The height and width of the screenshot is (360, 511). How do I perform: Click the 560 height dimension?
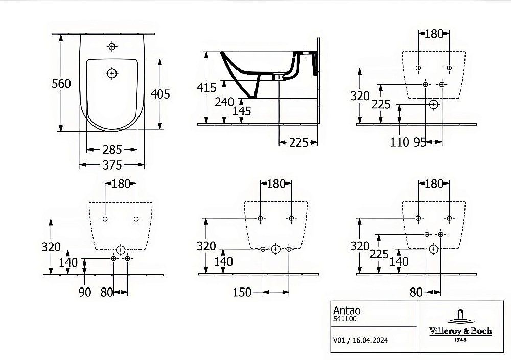pyautogui.click(x=61, y=84)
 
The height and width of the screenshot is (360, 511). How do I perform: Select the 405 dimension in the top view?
pyautogui.click(x=160, y=94)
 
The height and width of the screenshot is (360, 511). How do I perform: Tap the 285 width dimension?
pyautogui.click(x=112, y=150)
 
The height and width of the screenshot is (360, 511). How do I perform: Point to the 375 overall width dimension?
pyautogui.click(x=112, y=165)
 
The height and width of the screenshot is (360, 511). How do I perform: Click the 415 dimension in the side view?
pyautogui.click(x=207, y=87)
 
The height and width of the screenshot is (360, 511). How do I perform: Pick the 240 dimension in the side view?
pyautogui.click(x=224, y=102)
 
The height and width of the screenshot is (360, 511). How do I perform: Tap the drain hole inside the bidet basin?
pyautogui.click(x=111, y=74)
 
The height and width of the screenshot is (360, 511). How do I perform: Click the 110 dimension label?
pyautogui.click(x=399, y=142)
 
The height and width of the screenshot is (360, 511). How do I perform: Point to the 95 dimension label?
pyautogui.click(x=420, y=142)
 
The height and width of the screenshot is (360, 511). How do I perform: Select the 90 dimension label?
pyautogui.click(x=85, y=292)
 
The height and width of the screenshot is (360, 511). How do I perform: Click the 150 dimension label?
pyautogui.click(x=242, y=292)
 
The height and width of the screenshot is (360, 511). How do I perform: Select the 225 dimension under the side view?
pyautogui.click(x=298, y=142)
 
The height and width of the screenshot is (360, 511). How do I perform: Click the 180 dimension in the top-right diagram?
pyautogui.click(x=433, y=34)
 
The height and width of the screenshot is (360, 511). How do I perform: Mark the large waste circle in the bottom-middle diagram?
pyautogui.click(x=275, y=249)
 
